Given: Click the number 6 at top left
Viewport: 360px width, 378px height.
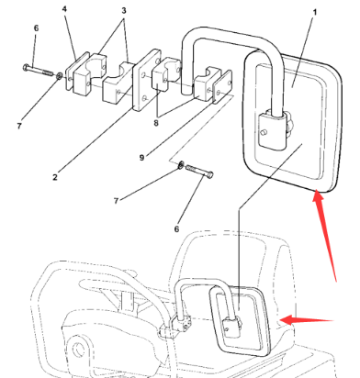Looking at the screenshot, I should tap(36, 30).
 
